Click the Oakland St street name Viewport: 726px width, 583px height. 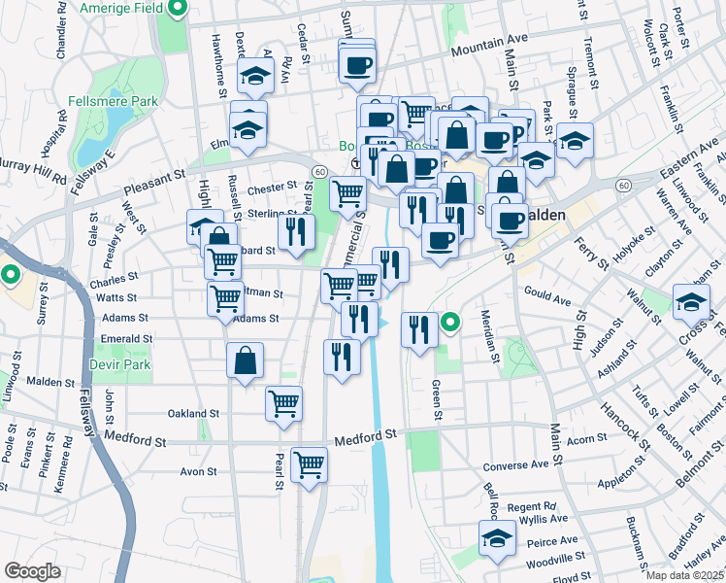pos(189,413)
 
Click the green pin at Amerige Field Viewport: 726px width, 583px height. pos(177,10)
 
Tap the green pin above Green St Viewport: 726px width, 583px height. pos(449,322)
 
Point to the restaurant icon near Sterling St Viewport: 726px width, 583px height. pos(297,231)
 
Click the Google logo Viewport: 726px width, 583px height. pos(32,571)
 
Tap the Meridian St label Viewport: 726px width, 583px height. pos(493,336)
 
